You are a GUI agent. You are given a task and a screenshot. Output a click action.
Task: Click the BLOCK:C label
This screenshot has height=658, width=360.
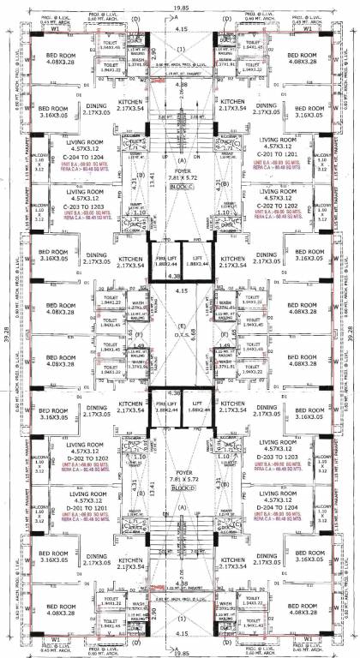180,185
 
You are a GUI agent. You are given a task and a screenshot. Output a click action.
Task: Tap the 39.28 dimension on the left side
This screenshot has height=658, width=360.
4,330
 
